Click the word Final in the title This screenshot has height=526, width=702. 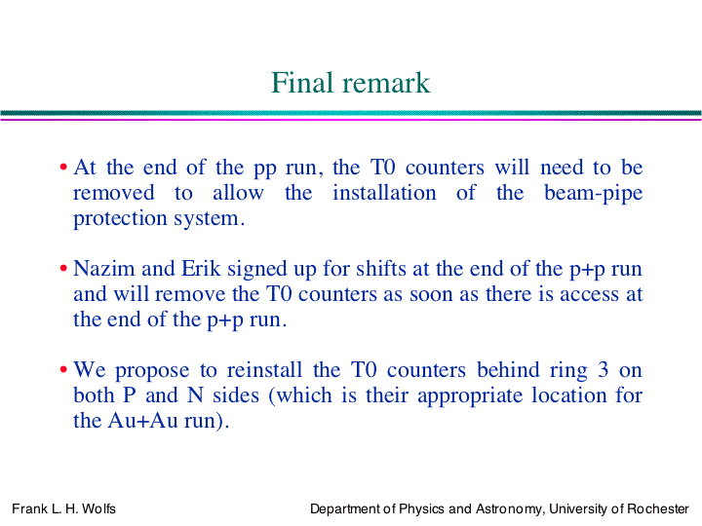point(302,83)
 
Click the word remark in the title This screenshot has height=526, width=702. point(386,84)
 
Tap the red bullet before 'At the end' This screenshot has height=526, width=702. point(63,168)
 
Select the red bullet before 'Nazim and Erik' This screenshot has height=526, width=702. point(63,269)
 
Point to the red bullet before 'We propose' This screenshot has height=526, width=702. point(63,369)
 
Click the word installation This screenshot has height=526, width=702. point(384,193)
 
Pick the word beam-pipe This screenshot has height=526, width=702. point(593,194)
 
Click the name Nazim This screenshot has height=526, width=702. point(104,269)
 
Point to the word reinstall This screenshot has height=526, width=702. point(264,370)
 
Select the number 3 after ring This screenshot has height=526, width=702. point(604,370)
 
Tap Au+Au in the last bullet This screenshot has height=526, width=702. point(142,421)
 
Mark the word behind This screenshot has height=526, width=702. point(508,370)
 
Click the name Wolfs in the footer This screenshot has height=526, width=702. point(98,509)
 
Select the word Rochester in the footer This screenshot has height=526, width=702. point(658,509)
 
